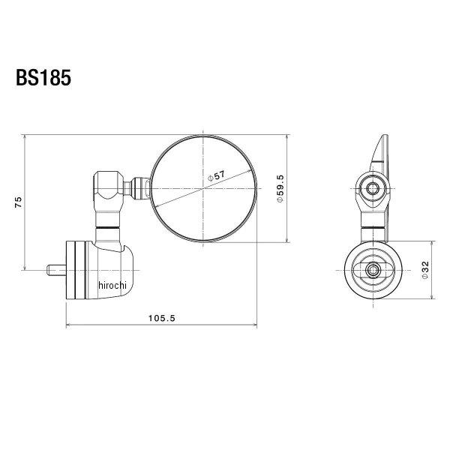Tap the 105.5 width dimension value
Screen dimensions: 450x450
(161, 318)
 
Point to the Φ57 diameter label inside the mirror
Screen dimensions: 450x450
(216, 176)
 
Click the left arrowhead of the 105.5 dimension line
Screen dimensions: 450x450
(70, 325)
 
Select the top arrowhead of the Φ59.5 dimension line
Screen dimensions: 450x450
(289, 138)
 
